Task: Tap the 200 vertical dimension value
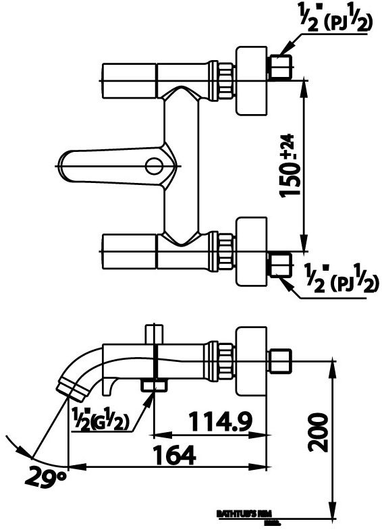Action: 317,432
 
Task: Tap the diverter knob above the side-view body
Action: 154,334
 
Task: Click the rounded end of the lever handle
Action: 66,165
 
